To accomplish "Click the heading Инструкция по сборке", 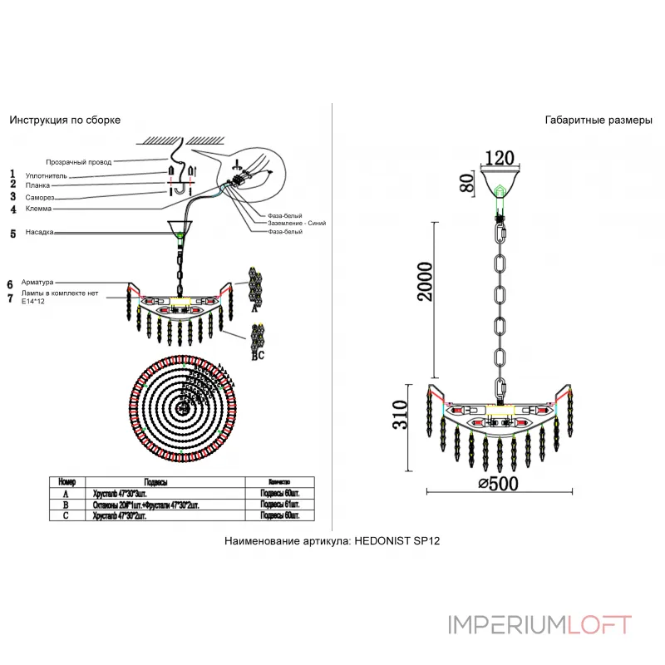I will pyautogui.click(x=65, y=120).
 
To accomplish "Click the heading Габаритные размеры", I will pyautogui.click(x=598, y=120).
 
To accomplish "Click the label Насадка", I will pyautogui.click(x=40, y=233).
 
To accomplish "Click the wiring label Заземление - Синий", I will pyautogui.click(x=297, y=224).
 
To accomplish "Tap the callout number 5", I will pyautogui.click(x=12, y=234).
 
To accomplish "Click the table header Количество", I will pyautogui.click(x=279, y=482).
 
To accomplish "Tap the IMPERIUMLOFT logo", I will pyautogui.click(x=539, y=624).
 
